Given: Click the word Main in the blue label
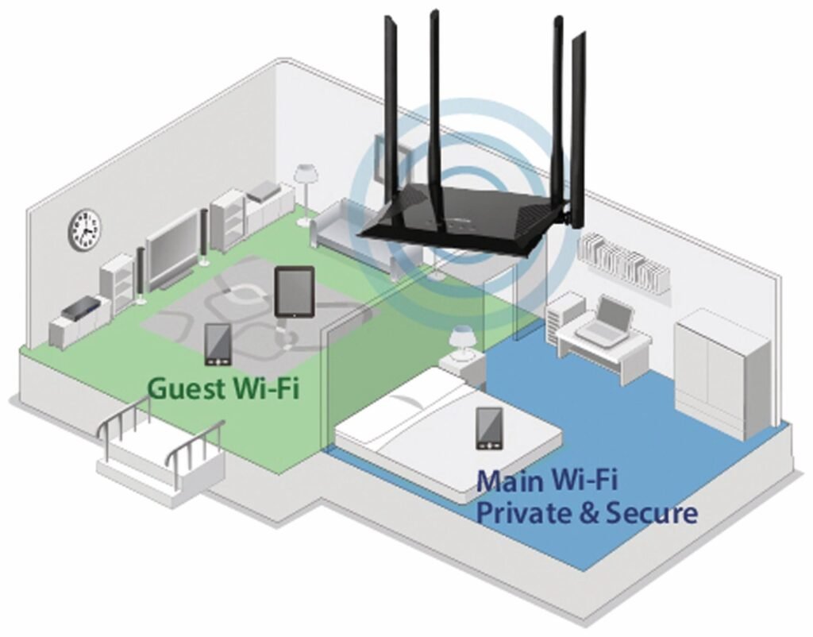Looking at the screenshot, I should point(508,481).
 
